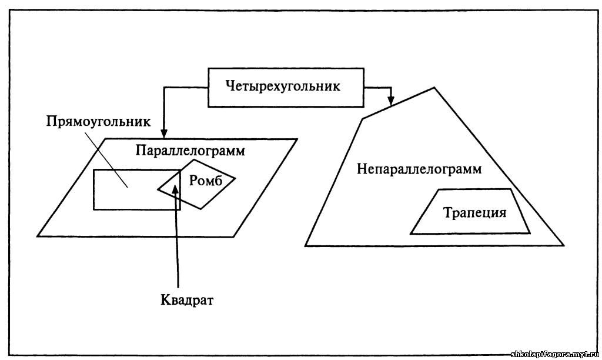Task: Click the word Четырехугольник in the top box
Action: tap(283, 86)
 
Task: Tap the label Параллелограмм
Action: tap(190, 151)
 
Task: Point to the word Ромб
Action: tap(206, 181)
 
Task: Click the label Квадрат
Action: tap(187, 300)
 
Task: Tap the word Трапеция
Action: tap(474, 212)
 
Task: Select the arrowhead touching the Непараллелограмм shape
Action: tap(390, 101)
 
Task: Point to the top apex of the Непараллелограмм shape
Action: tap(434, 88)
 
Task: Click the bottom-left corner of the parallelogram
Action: tap(39, 236)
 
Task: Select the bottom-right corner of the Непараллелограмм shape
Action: tap(564, 245)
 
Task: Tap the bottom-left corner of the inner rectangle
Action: tap(94, 209)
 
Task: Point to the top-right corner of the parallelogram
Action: tap(297, 139)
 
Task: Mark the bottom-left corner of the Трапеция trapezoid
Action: tap(411, 234)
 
